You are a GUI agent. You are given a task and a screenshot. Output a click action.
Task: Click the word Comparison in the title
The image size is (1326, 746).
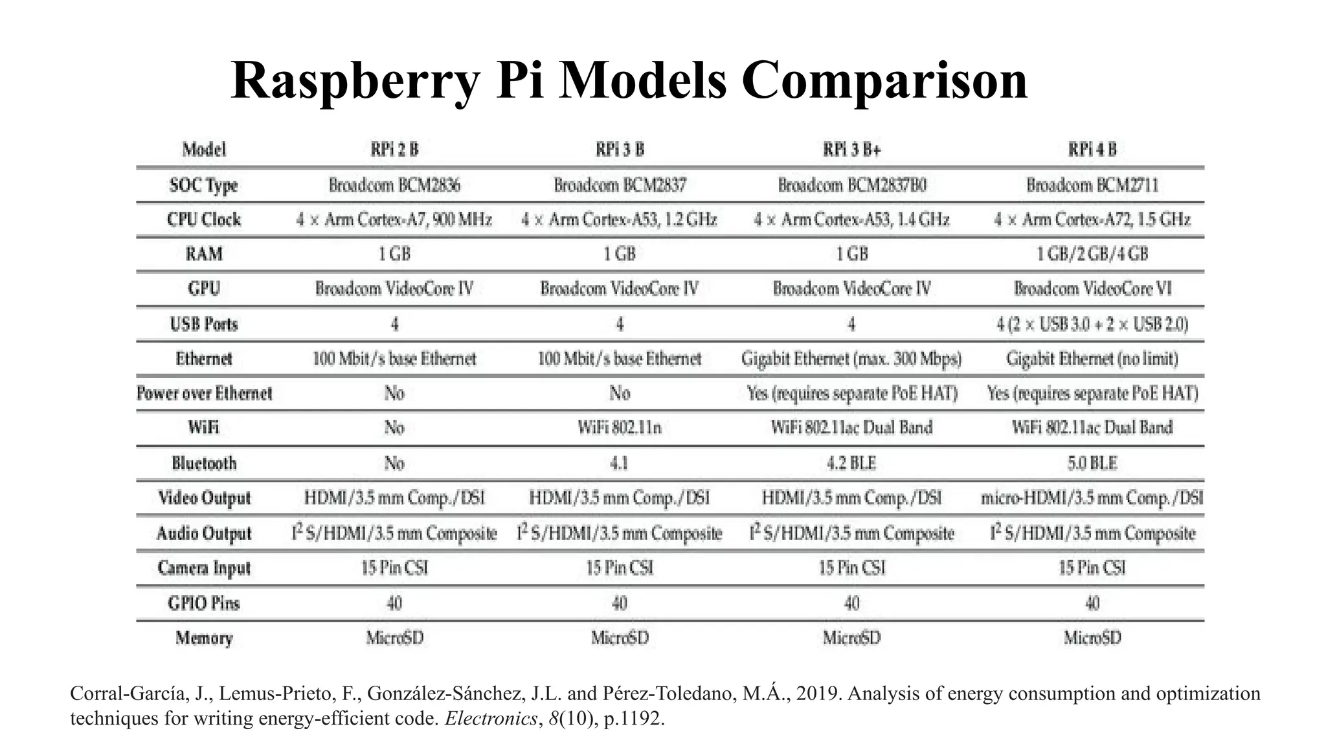pos(884,81)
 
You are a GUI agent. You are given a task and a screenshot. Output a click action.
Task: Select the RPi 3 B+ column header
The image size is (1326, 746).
pos(851,150)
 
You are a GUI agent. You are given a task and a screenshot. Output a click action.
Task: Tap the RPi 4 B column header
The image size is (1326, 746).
pos(1092,150)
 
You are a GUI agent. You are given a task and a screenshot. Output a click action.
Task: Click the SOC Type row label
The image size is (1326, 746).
pos(203,185)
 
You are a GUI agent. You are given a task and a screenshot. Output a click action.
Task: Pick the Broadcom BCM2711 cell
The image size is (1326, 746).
pos(1092,185)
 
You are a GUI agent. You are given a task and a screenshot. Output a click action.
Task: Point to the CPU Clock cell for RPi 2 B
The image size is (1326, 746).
pos(394,220)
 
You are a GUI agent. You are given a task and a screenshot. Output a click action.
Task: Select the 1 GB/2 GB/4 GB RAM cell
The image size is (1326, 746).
pos(1092,254)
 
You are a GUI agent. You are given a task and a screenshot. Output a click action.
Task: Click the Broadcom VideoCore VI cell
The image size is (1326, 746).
pos(1092,288)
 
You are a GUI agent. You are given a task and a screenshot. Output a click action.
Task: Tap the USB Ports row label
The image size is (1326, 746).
pos(203,324)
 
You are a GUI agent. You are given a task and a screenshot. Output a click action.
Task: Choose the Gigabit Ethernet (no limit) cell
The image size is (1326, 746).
pos(1092,358)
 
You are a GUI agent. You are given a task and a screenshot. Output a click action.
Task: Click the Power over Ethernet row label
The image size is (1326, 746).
pos(204,393)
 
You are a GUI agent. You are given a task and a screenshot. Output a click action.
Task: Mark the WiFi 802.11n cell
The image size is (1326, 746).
pos(620,427)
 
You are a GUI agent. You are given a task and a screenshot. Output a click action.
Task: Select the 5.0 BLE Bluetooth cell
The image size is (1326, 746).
pos(1092,463)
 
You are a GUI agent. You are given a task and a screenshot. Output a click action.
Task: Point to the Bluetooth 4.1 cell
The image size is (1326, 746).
pos(620,463)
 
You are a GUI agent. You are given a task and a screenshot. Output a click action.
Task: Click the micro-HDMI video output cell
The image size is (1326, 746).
pos(1092,497)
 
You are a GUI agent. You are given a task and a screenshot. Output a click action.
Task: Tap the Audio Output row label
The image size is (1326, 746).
pos(203,533)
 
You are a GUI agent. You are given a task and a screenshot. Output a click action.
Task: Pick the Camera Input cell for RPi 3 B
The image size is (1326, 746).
pos(620,568)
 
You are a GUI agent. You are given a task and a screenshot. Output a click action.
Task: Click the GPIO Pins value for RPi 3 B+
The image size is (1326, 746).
pos(851,603)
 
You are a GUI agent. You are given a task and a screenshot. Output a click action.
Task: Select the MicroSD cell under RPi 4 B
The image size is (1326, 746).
pos(1092,638)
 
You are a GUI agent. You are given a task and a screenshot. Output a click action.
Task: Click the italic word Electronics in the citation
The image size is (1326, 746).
pos(491,719)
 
